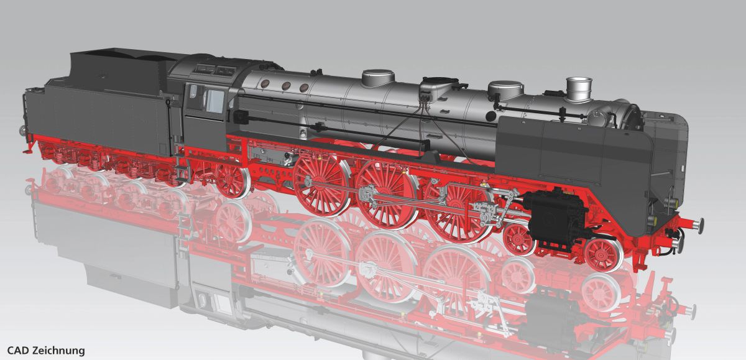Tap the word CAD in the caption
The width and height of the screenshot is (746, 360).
[x=18, y=351]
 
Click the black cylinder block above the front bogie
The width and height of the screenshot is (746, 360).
[x=553, y=215]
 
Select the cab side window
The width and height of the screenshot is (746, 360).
[x=215, y=100]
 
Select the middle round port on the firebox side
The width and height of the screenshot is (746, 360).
[x=287, y=86]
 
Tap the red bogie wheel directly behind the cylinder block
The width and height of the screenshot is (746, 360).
[x=518, y=238]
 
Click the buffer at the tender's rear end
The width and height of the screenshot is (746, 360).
[x=24, y=130]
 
